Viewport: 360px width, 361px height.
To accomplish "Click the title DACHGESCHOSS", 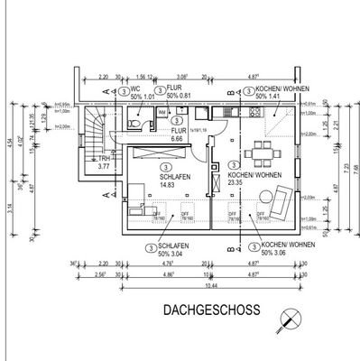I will coord(211,310).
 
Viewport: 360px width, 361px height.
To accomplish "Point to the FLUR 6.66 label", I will coord(178,135).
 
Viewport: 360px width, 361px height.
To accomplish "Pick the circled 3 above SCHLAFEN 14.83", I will coord(164,166).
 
